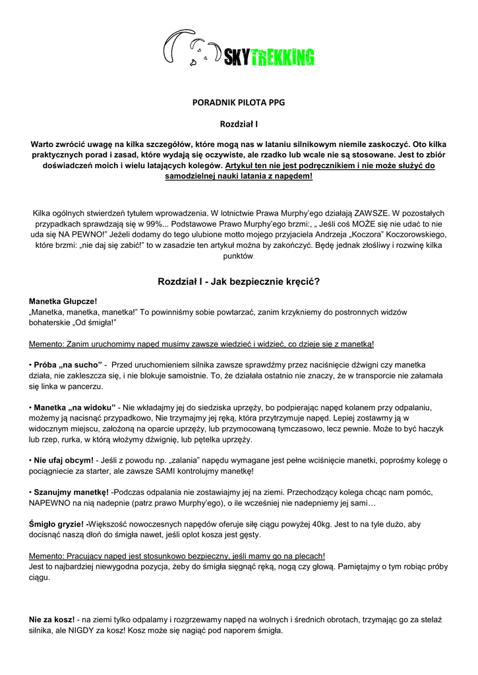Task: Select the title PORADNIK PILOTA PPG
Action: click(x=239, y=102)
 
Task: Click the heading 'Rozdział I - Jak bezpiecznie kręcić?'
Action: click(x=239, y=281)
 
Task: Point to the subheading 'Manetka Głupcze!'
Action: click(x=63, y=301)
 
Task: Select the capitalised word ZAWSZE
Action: click(x=374, y=213)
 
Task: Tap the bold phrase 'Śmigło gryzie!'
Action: click(x=57, y=523)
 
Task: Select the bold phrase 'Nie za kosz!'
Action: click(x=52, y=620)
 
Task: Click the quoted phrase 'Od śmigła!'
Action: click(x=102, y=322)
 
